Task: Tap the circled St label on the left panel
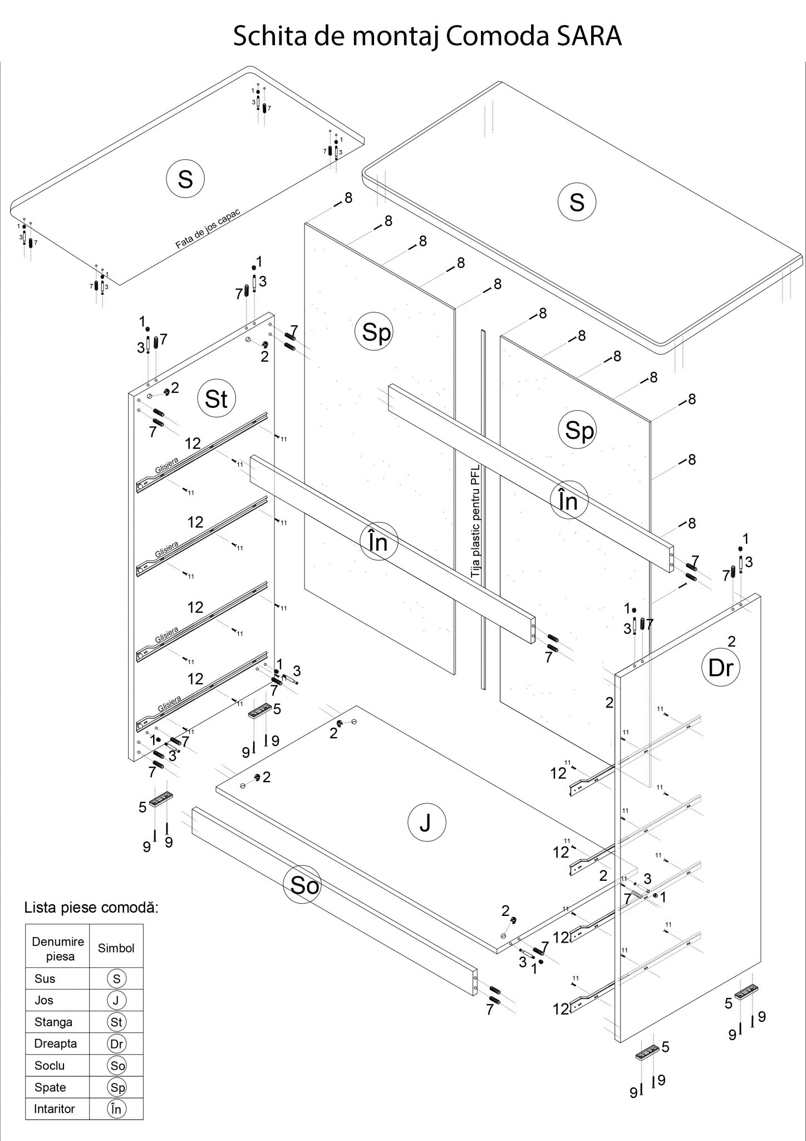(217, 399)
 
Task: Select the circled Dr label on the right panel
(721, 667)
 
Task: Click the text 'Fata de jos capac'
(208, 229)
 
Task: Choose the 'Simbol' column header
(116, 948)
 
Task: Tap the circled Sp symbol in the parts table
(116, 1087)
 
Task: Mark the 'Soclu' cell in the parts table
(50, 1065)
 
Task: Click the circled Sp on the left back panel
(377, 333)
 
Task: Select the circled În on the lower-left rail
(379, 541)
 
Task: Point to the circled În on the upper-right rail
(568, 501)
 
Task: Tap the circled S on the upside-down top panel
(185, 179)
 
